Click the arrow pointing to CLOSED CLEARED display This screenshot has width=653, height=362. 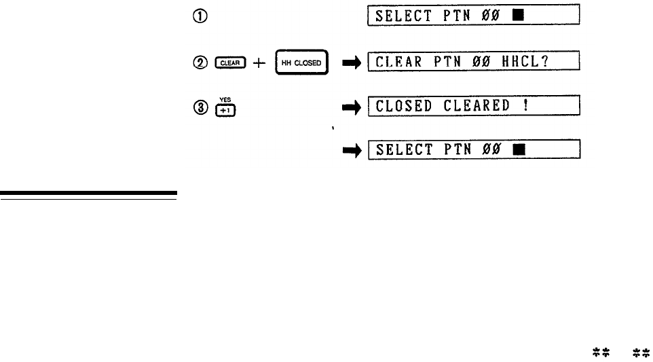(x=350, y=107)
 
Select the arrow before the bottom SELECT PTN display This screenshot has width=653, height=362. (x=350, y=150)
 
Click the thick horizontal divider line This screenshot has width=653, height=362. (x=88, y=196)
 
